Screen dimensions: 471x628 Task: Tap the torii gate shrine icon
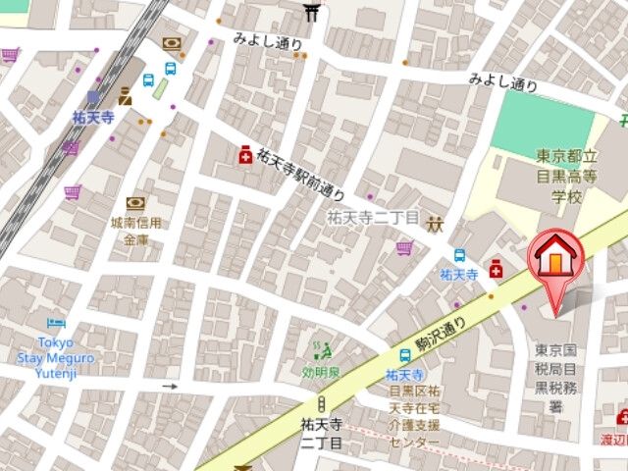tap(312, 12)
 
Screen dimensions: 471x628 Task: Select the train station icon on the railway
tap(93, 97)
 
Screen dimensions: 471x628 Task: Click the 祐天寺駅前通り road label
tap(301, 174)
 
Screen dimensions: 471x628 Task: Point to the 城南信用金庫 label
tap(135, 232)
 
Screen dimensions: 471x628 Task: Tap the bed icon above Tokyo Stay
tap(57, 323)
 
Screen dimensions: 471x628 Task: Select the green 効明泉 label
tap(321, 372)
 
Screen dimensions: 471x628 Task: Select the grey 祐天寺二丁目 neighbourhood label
tap(373, 217)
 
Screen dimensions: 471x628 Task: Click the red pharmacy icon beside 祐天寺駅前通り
tap(242, 155)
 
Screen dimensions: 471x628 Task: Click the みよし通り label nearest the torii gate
tap(268, 40)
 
